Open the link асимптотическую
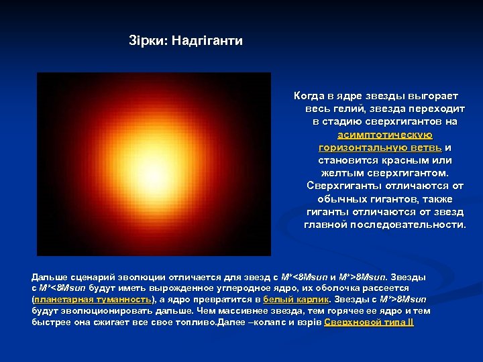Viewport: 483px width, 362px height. (385, 135)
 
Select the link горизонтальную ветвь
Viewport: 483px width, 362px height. (380, 147)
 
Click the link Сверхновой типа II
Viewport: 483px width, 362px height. (369, 322)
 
